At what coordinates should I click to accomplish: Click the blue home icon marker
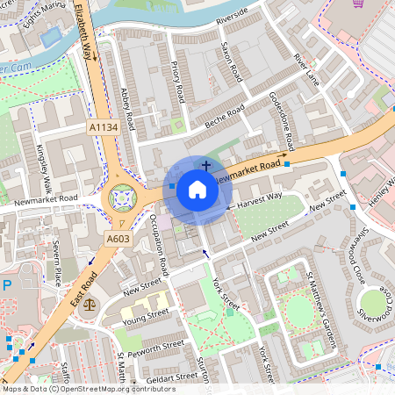(x=197, y=190)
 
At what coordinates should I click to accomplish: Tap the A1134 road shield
(x=103, y=128)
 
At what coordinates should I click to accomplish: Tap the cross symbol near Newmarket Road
(x=206, y=164)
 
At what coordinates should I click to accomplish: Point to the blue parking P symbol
(x=7, y=286)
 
